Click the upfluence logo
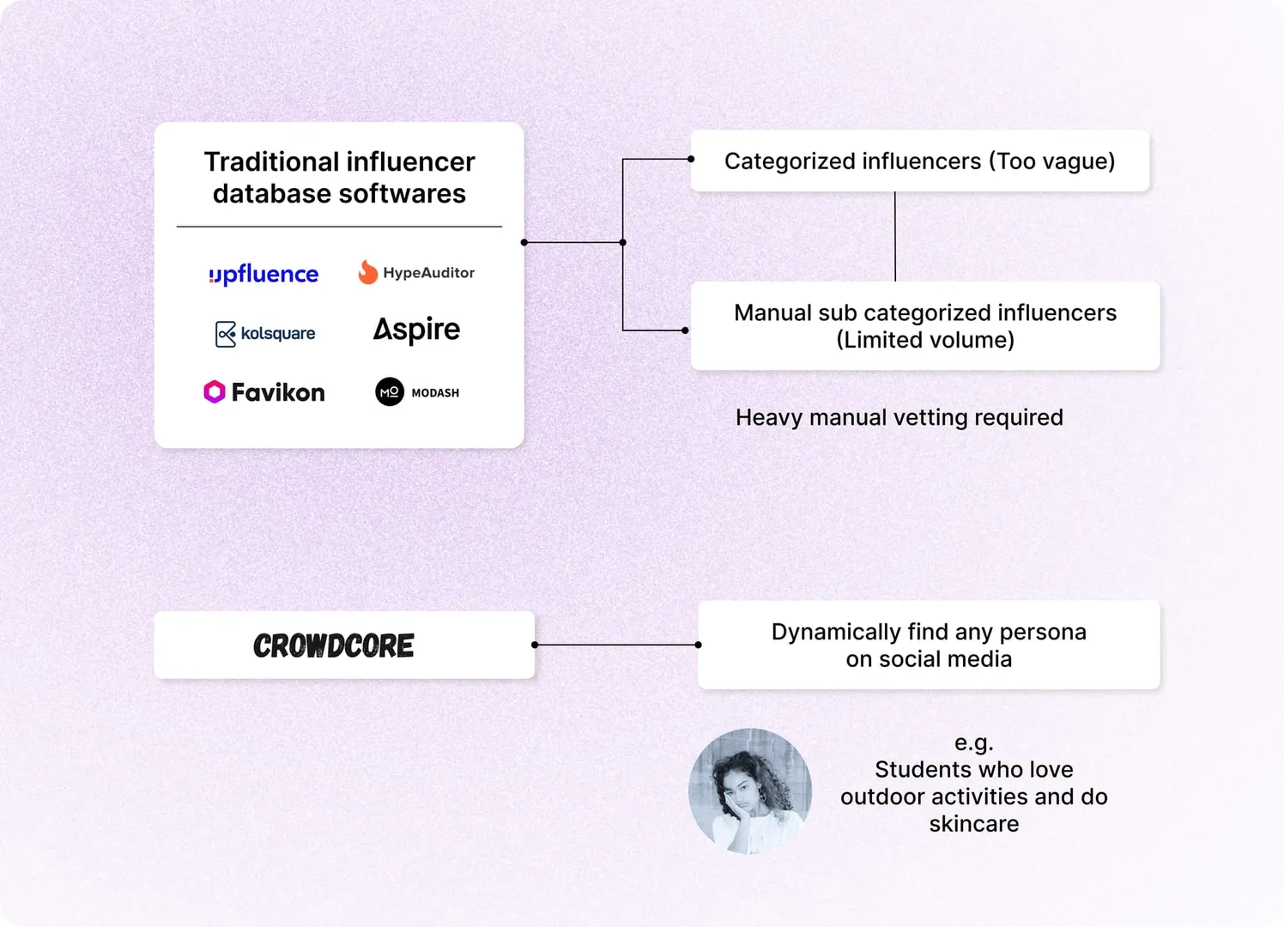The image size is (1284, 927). click(263, 274)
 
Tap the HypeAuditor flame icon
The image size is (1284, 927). click(368, 272)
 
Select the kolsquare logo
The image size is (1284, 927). click(265, 333)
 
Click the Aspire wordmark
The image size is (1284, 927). click(416, 330)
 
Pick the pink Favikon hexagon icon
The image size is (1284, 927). click(214, 392)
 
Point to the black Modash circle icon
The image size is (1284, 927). click(390, 392)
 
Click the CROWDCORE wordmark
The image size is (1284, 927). click(334, 645)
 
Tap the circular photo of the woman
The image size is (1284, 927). click(750, 791)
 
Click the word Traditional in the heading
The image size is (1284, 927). click(271, 161)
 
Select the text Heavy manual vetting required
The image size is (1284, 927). click(899, 417)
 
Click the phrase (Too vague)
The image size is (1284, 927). click(1051, 161)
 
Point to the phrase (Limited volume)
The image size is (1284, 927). click(925, 340)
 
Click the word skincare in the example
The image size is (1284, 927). click(973, 824)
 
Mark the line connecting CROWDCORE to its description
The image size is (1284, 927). click(616, 645)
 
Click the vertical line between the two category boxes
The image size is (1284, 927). click(895, 236)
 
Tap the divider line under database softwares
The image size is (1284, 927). click(339, 227)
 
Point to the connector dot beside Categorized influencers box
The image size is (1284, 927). click(691, 159)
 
